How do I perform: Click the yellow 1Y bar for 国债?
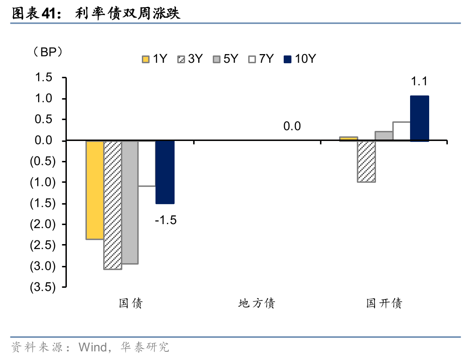coord(95,190)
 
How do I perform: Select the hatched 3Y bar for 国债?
coord(113,205)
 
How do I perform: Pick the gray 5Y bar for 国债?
coord(130,202)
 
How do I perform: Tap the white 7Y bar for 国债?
coord(147,164)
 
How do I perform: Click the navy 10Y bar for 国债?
coord(165,172)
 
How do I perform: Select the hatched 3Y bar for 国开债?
coord(366,161)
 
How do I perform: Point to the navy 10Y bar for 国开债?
coord(419,118)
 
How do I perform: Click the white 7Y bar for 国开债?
coord(401,131)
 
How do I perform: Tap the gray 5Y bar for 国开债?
coord(384,136)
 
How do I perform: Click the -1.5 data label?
coord(165,220)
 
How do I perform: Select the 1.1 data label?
coord(419,82)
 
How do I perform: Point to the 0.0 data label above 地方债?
coord(292,126)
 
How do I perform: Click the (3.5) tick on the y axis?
coord(42,287)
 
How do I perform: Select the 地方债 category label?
coord(257,303)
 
